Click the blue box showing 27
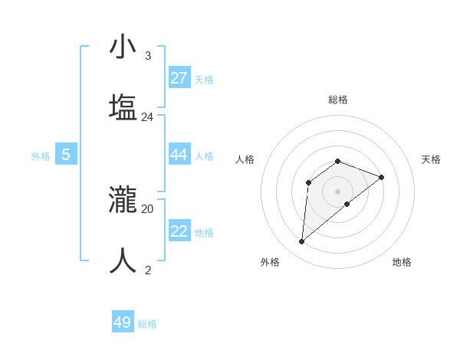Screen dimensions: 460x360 pos(179,78)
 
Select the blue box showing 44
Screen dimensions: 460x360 pos(179,155)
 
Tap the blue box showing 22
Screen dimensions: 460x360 pos(179,231)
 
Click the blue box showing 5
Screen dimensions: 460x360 pos(66,155)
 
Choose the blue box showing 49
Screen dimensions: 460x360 pos(123,322)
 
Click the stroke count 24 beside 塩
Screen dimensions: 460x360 pos(147,117)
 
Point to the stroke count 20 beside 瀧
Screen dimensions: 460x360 pos(147,208)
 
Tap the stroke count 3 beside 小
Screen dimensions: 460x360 pos(147,56)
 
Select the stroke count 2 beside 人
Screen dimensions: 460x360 pos(147,270)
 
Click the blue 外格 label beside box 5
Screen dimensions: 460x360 pos(41,156)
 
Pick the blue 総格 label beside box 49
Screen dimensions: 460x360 pos(147,324)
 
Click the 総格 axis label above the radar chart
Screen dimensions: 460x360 pos(338,100)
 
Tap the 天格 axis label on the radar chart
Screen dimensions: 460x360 pos(431,159)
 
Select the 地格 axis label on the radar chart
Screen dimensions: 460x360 pos(402,262)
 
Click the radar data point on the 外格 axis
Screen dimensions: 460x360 pos(301,242)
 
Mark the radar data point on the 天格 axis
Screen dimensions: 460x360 pos(382,177)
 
